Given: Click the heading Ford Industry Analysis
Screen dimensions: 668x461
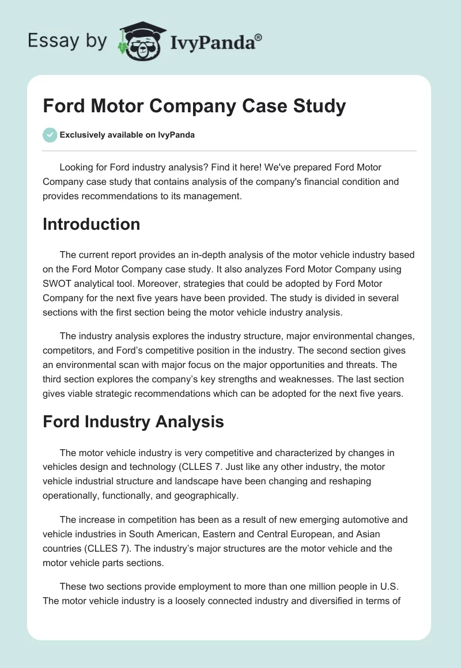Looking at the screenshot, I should [x=133, y=422].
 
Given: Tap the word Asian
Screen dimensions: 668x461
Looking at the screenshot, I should [x=364, y=533].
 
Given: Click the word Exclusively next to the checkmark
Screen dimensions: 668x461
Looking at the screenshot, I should [x=84, y=135].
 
